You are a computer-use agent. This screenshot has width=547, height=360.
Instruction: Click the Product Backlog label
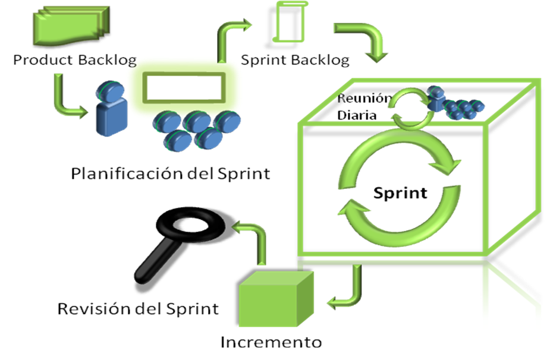pos(75,60)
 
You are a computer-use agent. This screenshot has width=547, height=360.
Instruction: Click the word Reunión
pos(364,99)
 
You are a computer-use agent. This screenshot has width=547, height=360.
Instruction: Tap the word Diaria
pos(357,115)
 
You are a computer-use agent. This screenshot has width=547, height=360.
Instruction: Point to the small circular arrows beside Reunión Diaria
pos(409,107)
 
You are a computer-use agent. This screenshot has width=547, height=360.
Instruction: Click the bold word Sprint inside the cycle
pos(400,193)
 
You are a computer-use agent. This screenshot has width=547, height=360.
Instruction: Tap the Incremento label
pos(271,343)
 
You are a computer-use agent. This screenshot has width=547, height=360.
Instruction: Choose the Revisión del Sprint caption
pos(138,309)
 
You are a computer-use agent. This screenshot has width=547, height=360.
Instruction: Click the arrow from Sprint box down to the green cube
pos(348,290)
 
